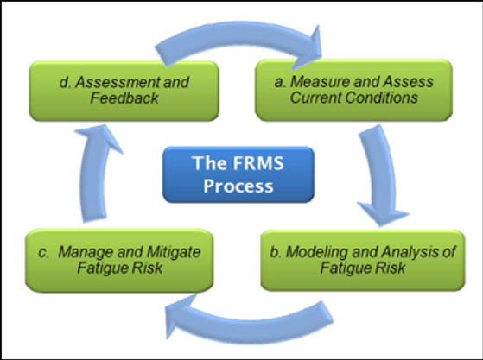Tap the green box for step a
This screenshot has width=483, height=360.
click(x=353, y=89)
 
